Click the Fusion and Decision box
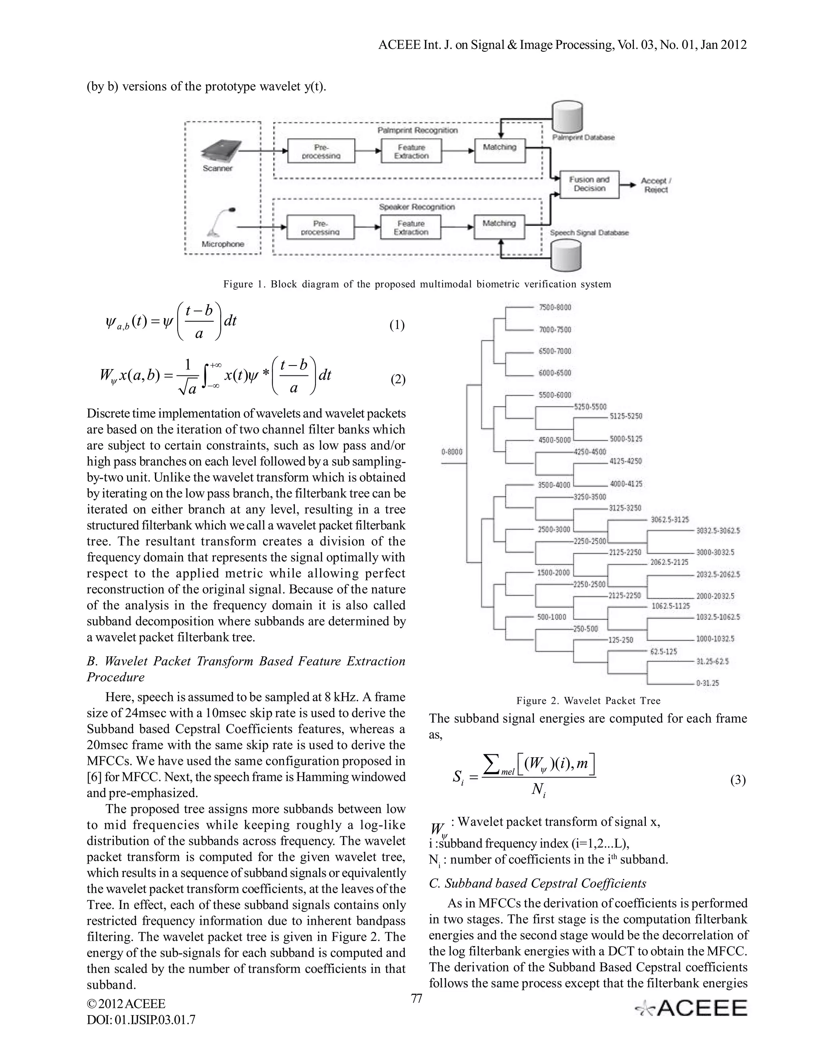coord(589,184)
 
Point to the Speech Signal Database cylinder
coord(567,256)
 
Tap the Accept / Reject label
coord(656,185)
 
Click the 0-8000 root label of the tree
coord(451,452)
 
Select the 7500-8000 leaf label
coord(555,307)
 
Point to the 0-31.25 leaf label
coord(707,683)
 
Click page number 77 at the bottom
coord(416,998)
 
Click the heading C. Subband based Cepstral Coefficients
coord(537,883)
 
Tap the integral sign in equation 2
coord(208,376)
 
